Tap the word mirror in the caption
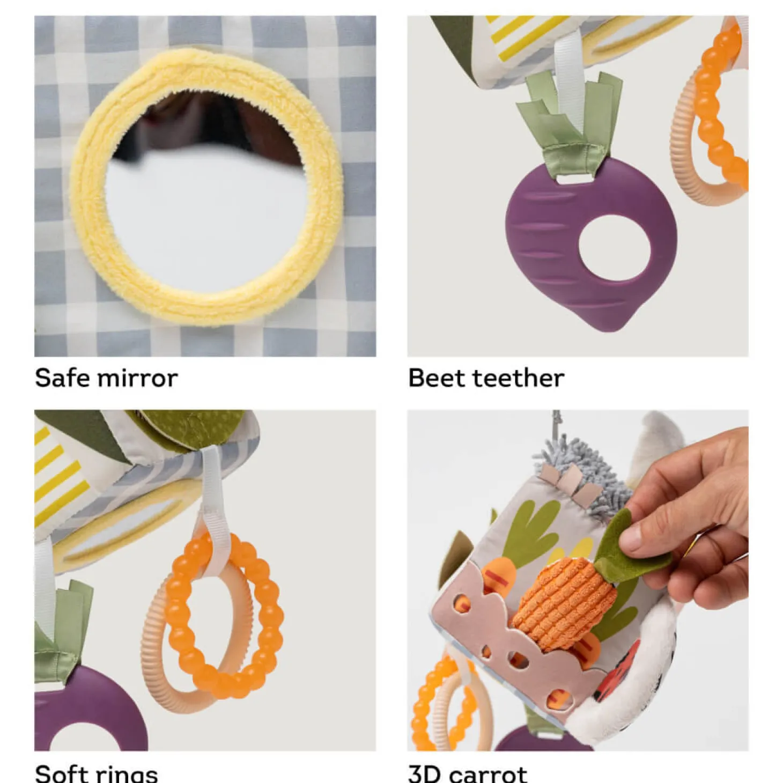135,378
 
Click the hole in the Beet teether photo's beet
614,248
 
